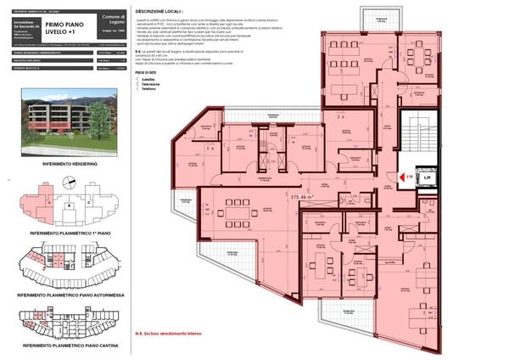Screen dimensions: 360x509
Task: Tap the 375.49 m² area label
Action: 302,196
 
